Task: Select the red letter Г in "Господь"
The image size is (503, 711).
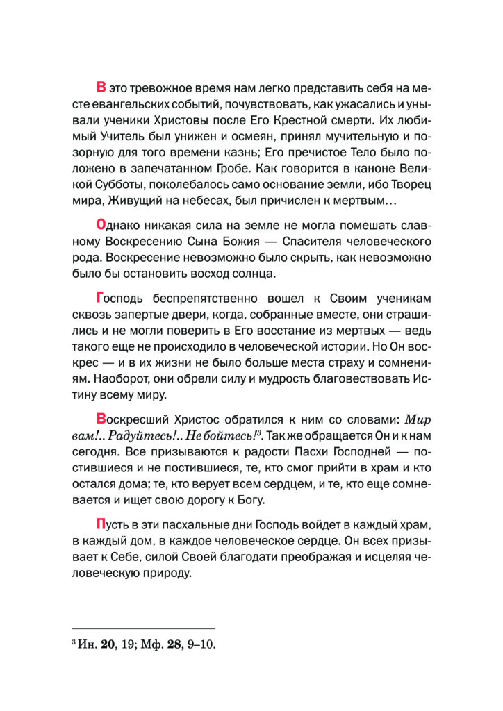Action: (100, 299)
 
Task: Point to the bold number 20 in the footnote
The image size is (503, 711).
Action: (108, 644)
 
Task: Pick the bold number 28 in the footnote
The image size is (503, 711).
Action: (169, 644)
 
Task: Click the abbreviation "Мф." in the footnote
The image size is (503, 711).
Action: (146, 644)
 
